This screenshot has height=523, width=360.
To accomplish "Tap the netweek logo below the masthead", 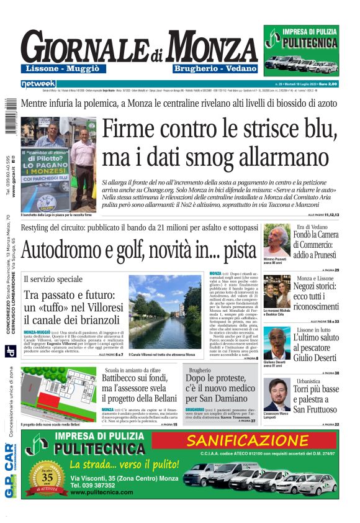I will pos(38,83).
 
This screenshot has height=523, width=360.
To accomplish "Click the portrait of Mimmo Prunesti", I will pos(276,239).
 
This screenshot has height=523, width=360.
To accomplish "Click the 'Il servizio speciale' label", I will pos(53,280).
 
